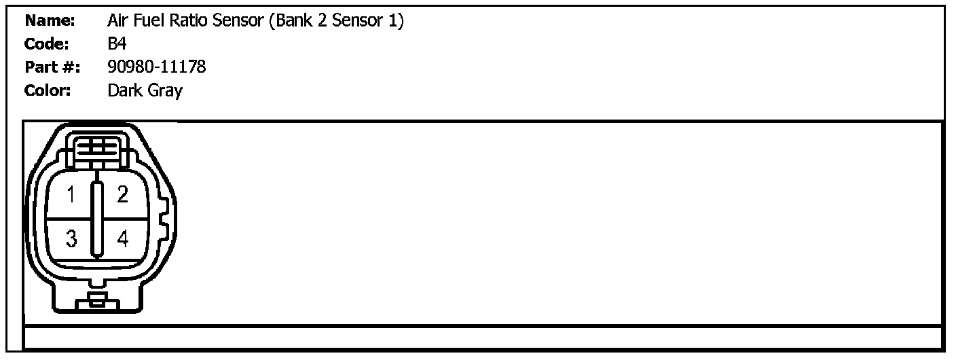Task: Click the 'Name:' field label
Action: click(x=50, y=21)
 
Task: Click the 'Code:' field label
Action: click(x=47, y=44)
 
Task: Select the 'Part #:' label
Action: click(x=52, y=67)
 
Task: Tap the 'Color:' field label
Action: click(x=48, y=90)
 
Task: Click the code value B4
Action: click(x=117, y=44)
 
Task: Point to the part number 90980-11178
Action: click(x=157, y=67)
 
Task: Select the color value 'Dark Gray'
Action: click(x=145, y=90)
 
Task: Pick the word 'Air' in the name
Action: click(x=118, y=21)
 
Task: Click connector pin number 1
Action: click(x=71, y=196)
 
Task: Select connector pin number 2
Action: click(x=122, y=196)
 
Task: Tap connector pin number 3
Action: click(x=71, y=238)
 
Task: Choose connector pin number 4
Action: click(x=122, y=238)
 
